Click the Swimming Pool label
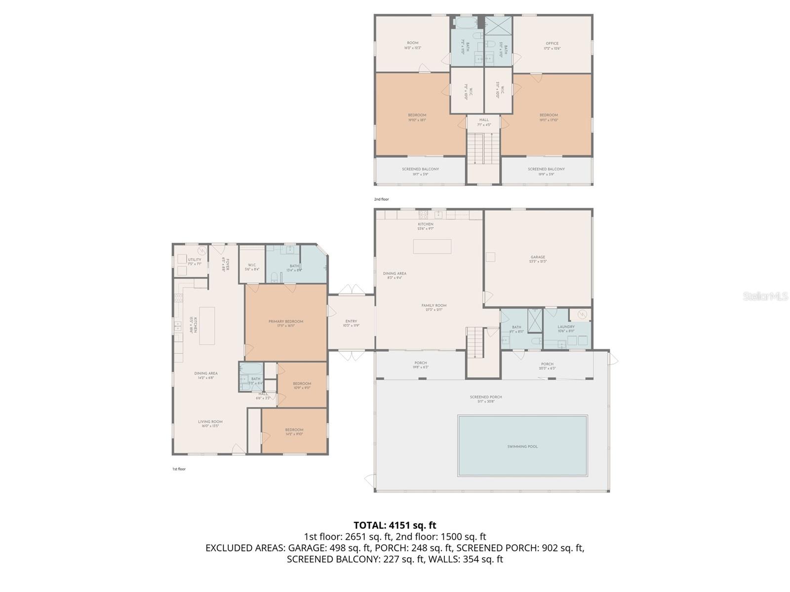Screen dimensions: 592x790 click(522, 446)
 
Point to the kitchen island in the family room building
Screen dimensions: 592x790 click(432, 246)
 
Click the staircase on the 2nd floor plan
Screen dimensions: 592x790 click(483, 148)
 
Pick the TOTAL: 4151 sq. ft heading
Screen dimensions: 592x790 click(395, 525)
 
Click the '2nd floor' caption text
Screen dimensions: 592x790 click(381, 199)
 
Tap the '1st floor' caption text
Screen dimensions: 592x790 click(179, 469)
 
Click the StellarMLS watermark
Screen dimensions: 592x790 click(765, 296)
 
